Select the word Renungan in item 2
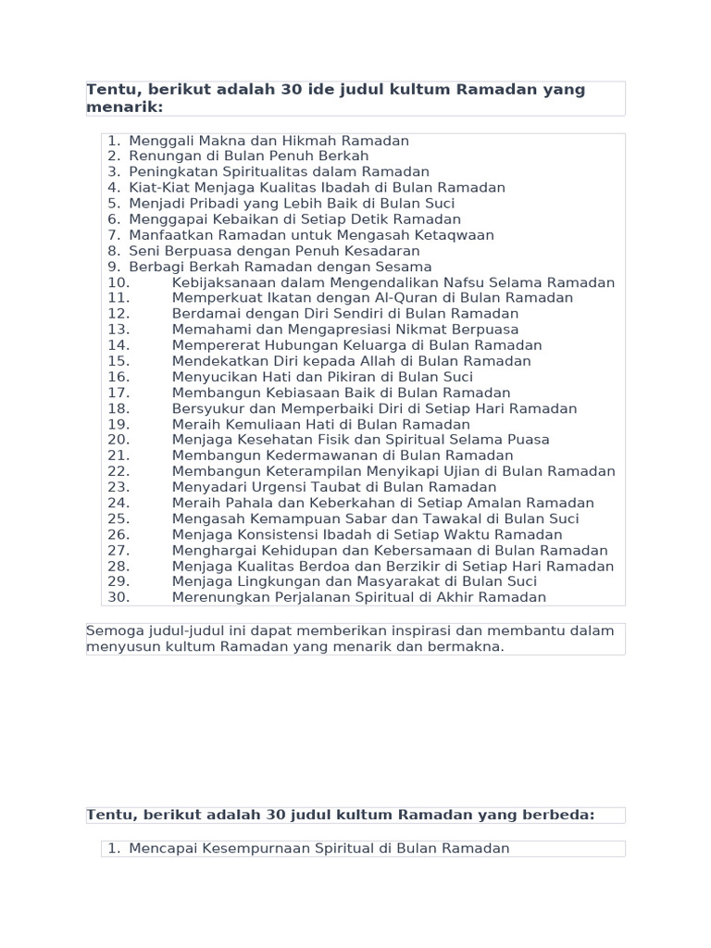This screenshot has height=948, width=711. pyautogui.click(x=160, y=156)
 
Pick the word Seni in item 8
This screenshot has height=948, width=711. pyautogui.click(x=143, y=251)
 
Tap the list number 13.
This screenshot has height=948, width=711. pyautogui.click(x=118, y=330)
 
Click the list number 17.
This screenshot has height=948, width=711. pyautogui.click(x=118, y=393)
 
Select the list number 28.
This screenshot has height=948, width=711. pyautogui.click(x=118, y=566)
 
